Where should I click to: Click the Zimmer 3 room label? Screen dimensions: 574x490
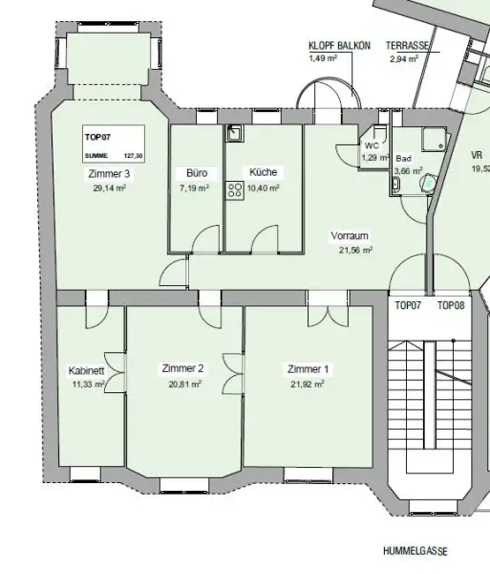[x=108, y=175]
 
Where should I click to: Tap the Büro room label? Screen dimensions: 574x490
[x=197, y=173]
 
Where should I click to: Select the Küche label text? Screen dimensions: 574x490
[x=263, y=172]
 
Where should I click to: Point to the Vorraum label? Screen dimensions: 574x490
[x=350, y=235]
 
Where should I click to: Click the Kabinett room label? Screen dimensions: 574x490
[x=87, y=371]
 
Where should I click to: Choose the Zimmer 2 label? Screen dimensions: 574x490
[x=182, y=368]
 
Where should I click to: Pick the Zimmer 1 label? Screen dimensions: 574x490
[x=308, y=368]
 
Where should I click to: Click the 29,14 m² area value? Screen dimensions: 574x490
[x=110, y=189]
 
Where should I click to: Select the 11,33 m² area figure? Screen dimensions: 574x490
[x=88, y=386]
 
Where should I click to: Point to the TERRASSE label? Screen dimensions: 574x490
[x=406, y=45]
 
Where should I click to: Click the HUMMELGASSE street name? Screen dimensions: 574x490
[x=415, y=552]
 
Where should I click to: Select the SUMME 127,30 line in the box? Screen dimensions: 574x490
[x=113, y=155]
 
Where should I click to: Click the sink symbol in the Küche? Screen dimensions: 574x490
[x=232, y=135]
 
